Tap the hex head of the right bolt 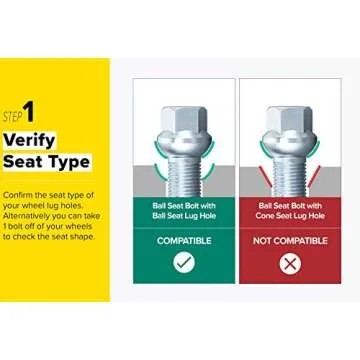click(289, 121)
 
